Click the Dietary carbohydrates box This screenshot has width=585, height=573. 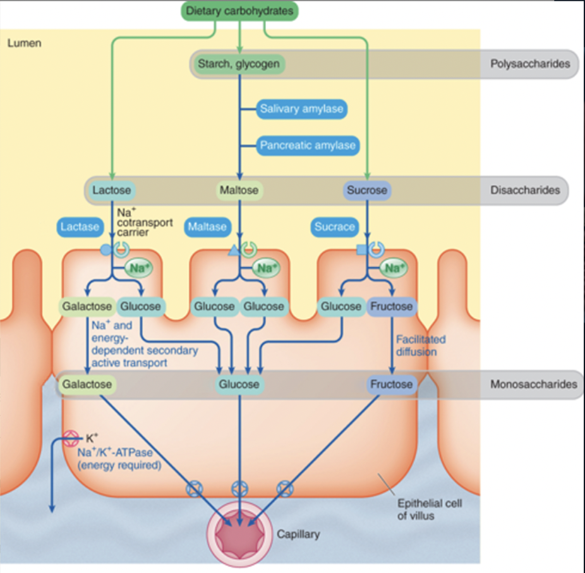240,11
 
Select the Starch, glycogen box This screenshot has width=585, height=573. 238,64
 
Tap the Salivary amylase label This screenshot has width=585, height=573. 301,109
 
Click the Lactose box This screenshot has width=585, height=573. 111,190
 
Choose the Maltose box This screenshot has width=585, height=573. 239,190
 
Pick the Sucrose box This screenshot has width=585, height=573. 366,190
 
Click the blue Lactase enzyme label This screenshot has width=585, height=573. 80,226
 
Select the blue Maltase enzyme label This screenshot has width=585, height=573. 207,226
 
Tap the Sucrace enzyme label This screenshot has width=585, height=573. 335,226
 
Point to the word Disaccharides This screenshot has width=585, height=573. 525,190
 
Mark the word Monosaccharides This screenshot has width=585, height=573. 533,384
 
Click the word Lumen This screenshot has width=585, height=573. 24,44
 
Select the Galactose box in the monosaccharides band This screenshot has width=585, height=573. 87,384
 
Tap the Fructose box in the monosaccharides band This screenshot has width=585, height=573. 391,384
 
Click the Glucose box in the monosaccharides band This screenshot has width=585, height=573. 239,384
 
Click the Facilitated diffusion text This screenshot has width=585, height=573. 420,345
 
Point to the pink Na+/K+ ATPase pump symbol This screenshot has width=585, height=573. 73,438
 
